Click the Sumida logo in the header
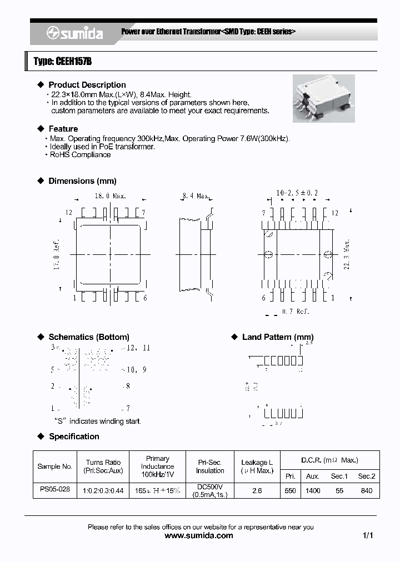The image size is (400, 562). click(74, 34)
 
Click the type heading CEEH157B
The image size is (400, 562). click(62, 62)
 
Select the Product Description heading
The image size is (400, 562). click(87, 85)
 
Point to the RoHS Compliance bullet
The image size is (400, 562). click(80, 155)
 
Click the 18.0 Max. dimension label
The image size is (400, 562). click(110, 196)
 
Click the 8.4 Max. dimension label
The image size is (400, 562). click(196, 196)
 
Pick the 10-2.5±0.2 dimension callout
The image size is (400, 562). click(297, 193)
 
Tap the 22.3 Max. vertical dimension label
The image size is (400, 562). click(347, 254)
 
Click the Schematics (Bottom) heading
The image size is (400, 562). click(89, 337)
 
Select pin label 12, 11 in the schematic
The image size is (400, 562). click(138, 348)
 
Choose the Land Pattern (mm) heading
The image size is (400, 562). click(277, 337)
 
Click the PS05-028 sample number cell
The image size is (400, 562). click(56, 490)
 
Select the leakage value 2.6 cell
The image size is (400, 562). click(257, 491)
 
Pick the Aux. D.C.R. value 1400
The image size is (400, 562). click(313, 491)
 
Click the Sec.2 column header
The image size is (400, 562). click(366, 476)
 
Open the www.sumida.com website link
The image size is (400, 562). click(199, 536)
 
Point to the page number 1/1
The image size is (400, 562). click(367, 536)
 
